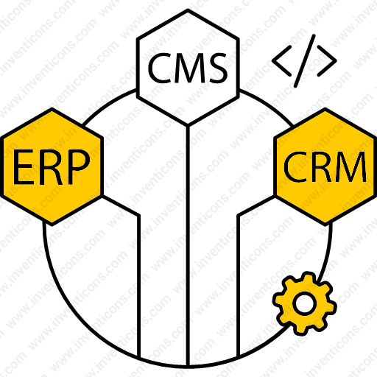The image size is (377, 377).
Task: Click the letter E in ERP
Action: coord(23,167)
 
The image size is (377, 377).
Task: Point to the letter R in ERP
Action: coord(49,167)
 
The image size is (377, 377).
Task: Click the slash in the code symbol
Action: coord(304,61)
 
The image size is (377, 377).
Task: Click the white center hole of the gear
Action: coord(304,303)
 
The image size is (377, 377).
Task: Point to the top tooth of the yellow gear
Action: coord(307,276)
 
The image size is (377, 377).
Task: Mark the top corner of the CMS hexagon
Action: coord(188,10)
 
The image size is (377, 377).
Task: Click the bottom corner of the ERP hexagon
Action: coord(52,224)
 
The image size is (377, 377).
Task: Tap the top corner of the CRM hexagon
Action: coord(325,109)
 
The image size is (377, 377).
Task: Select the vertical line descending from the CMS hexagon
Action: coord(188,245)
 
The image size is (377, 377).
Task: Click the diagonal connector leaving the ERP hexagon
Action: coord(121,205)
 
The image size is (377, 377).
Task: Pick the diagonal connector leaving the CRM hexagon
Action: coord(256,205)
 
